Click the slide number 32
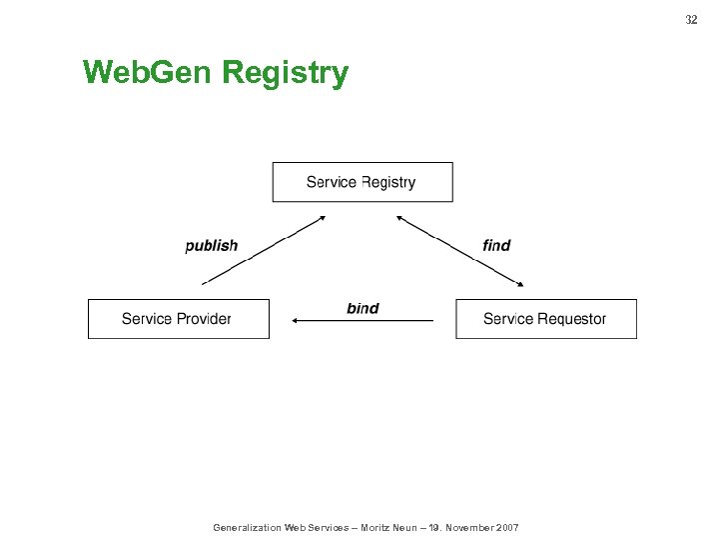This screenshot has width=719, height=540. tap(691, 20)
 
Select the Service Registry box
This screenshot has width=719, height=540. tap(361, 182)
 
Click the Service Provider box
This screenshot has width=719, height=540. tap(178, 319)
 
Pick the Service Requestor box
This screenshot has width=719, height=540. tap(545, 319)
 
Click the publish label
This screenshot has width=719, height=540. tap(212, 245)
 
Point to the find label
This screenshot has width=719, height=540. tap(496, 245)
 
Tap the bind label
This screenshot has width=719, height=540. tap(362, 308)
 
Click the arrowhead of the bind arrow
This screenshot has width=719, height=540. tap(296, 321)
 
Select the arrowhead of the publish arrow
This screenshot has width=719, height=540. tap(321, 217)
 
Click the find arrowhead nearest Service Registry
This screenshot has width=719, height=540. tap(400, 217)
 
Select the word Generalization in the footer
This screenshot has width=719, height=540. tap(248, 527)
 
